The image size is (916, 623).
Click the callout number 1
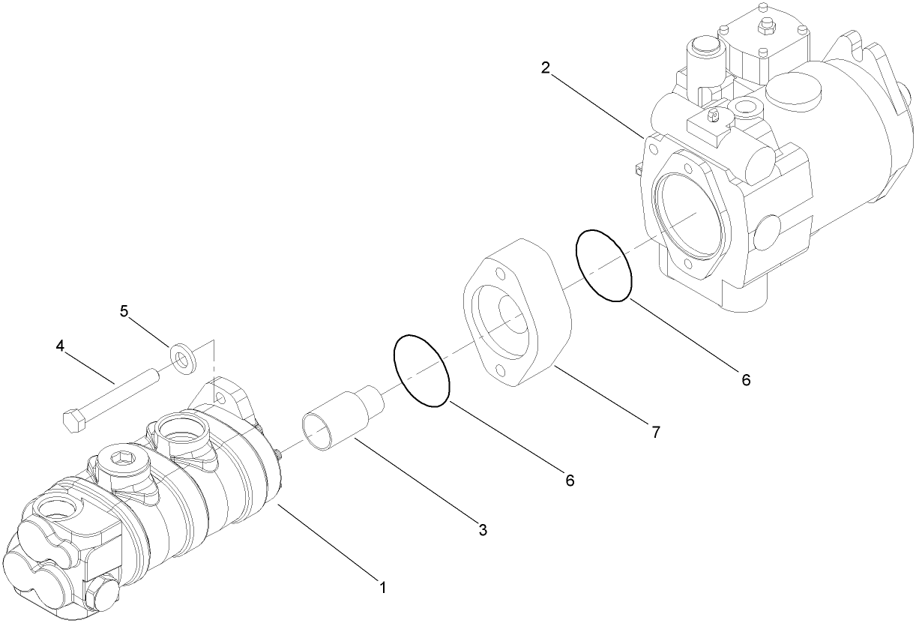tap(383, 587)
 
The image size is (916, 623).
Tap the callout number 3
tap(483, 530)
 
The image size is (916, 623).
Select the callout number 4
tap(60, 346)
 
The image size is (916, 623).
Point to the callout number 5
tap(124, 310)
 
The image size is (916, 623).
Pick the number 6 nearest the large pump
tap(745, 379)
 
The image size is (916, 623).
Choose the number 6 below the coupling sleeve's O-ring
tap(570, 481)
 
